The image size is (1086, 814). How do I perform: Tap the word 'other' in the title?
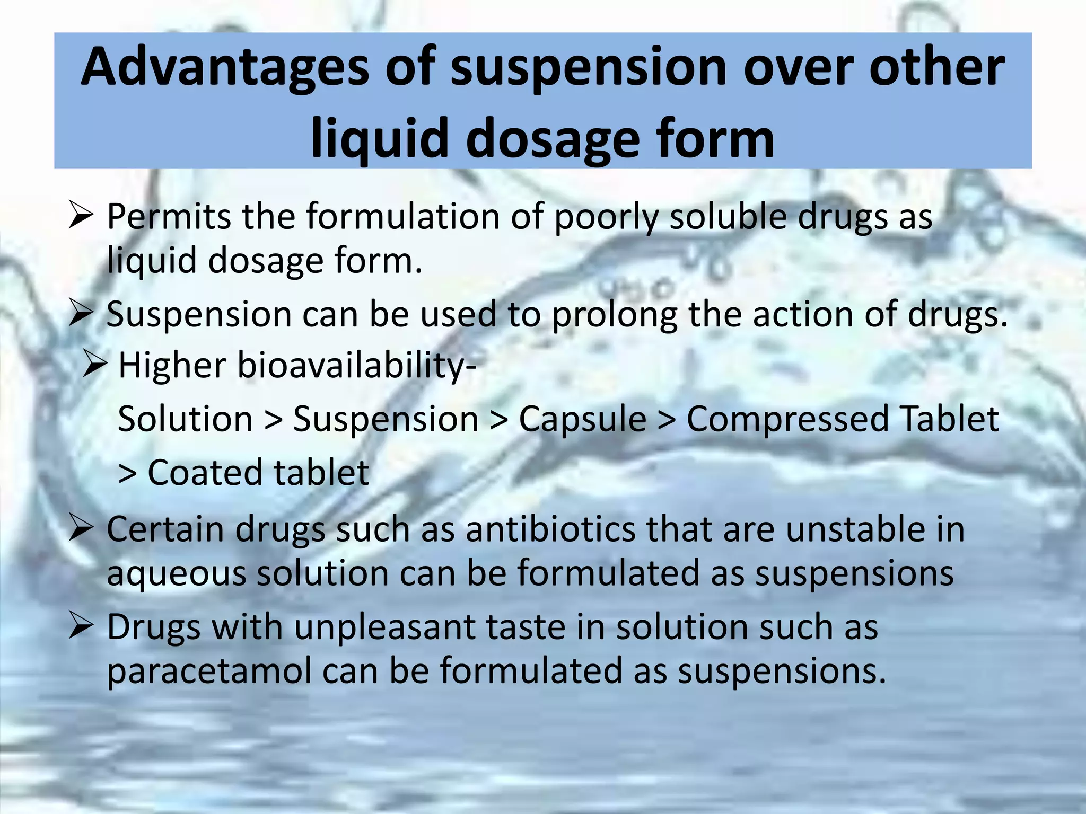(x=936, y=68)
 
